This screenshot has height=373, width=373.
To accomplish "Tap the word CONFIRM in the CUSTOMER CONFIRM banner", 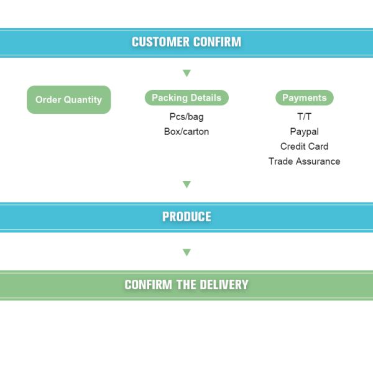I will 217,42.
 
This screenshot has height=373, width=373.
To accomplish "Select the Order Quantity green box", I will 68,99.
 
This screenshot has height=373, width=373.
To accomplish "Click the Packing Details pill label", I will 186,98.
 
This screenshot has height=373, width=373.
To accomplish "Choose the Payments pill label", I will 305,98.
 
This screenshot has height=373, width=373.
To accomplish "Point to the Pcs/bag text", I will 186,116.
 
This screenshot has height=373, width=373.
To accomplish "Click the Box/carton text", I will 186,131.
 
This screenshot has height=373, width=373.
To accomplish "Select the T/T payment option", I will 305,116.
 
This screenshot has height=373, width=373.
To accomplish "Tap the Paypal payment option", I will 305,131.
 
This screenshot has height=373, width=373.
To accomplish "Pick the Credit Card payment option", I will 305,146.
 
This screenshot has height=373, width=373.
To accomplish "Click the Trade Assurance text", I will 305,161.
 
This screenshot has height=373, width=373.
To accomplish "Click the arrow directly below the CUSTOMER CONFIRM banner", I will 186,73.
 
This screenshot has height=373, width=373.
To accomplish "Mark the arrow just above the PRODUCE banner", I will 186,184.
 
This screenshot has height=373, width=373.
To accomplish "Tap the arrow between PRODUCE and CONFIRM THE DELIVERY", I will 186,252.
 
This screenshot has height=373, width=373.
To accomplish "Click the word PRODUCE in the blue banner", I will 186,217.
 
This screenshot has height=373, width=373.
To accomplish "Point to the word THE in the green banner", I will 186,285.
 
